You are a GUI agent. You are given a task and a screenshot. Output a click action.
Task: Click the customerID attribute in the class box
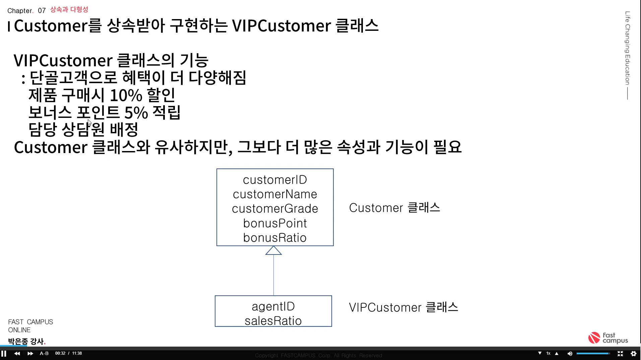coord(275,180)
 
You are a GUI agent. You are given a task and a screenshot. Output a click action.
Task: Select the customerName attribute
coord(275,194)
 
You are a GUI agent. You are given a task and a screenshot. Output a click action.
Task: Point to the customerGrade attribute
coord(275,209)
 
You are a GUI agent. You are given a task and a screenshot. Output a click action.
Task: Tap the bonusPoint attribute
coord(275,223)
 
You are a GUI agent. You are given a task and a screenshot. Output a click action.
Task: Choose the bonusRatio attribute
coord(275,238)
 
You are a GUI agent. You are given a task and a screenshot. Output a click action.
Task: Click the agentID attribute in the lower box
coord(273,306)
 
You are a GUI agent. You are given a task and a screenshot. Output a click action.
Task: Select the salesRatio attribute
coord(273,321)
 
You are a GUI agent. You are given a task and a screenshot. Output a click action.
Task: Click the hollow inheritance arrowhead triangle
coord(273,251)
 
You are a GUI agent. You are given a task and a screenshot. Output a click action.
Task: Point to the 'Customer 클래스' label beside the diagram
coord(394,208)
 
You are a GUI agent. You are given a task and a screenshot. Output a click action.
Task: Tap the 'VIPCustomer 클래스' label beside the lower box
coord(403,307)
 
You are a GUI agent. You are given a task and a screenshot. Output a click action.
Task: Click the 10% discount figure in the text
coord(126,95)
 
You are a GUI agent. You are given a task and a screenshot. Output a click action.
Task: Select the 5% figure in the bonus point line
coord(136,113)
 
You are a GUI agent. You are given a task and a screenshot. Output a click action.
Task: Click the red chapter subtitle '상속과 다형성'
coord(69,10)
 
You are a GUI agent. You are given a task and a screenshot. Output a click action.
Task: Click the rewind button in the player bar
coord(17,353)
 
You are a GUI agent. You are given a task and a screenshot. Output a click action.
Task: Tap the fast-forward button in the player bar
coord(30,353)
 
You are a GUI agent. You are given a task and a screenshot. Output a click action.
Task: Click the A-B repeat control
coord(44,353)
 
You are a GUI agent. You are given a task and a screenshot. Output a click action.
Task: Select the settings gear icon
coord(633,353)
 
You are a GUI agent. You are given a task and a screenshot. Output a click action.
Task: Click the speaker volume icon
coord(570,353)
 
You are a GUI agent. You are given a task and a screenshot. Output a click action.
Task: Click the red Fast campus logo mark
coord(594,338)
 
